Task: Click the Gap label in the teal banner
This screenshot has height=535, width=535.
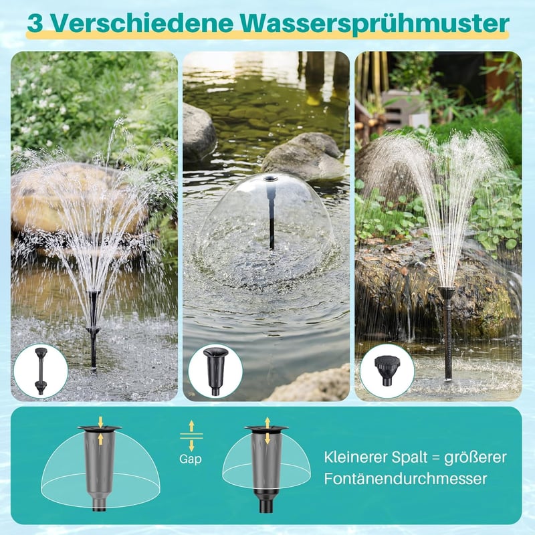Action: click(x=191, y=459)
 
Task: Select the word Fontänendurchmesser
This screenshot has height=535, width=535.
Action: click(x=405, y=478)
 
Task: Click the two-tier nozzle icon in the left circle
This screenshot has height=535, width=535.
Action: click(x=40, y=371)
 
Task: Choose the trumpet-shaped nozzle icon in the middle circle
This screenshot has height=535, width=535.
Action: click(x=215, y=371)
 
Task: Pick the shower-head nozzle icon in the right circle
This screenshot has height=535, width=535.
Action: click(x=387, y=370)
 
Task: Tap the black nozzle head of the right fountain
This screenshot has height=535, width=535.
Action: click(x=447, y=292)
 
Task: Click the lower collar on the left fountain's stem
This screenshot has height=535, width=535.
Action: click(x=93, y=330)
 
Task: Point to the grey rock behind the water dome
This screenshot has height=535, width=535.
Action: click(x=304, y=156)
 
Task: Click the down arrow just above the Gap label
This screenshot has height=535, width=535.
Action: click(x=191, y=445)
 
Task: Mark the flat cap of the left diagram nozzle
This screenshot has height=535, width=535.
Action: click(x=99, y=428)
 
